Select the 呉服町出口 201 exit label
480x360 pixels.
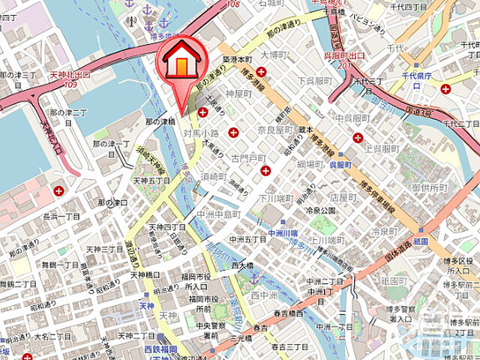point(345,59)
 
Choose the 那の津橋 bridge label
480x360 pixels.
point(160,121)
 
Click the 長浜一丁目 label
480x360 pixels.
point(61,216)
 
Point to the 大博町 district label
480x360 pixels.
point(274,55)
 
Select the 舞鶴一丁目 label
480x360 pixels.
point(60,265)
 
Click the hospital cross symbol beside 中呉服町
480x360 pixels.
point(358,137)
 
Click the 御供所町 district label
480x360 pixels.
point(427,186)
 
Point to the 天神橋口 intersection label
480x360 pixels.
point(145,275)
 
